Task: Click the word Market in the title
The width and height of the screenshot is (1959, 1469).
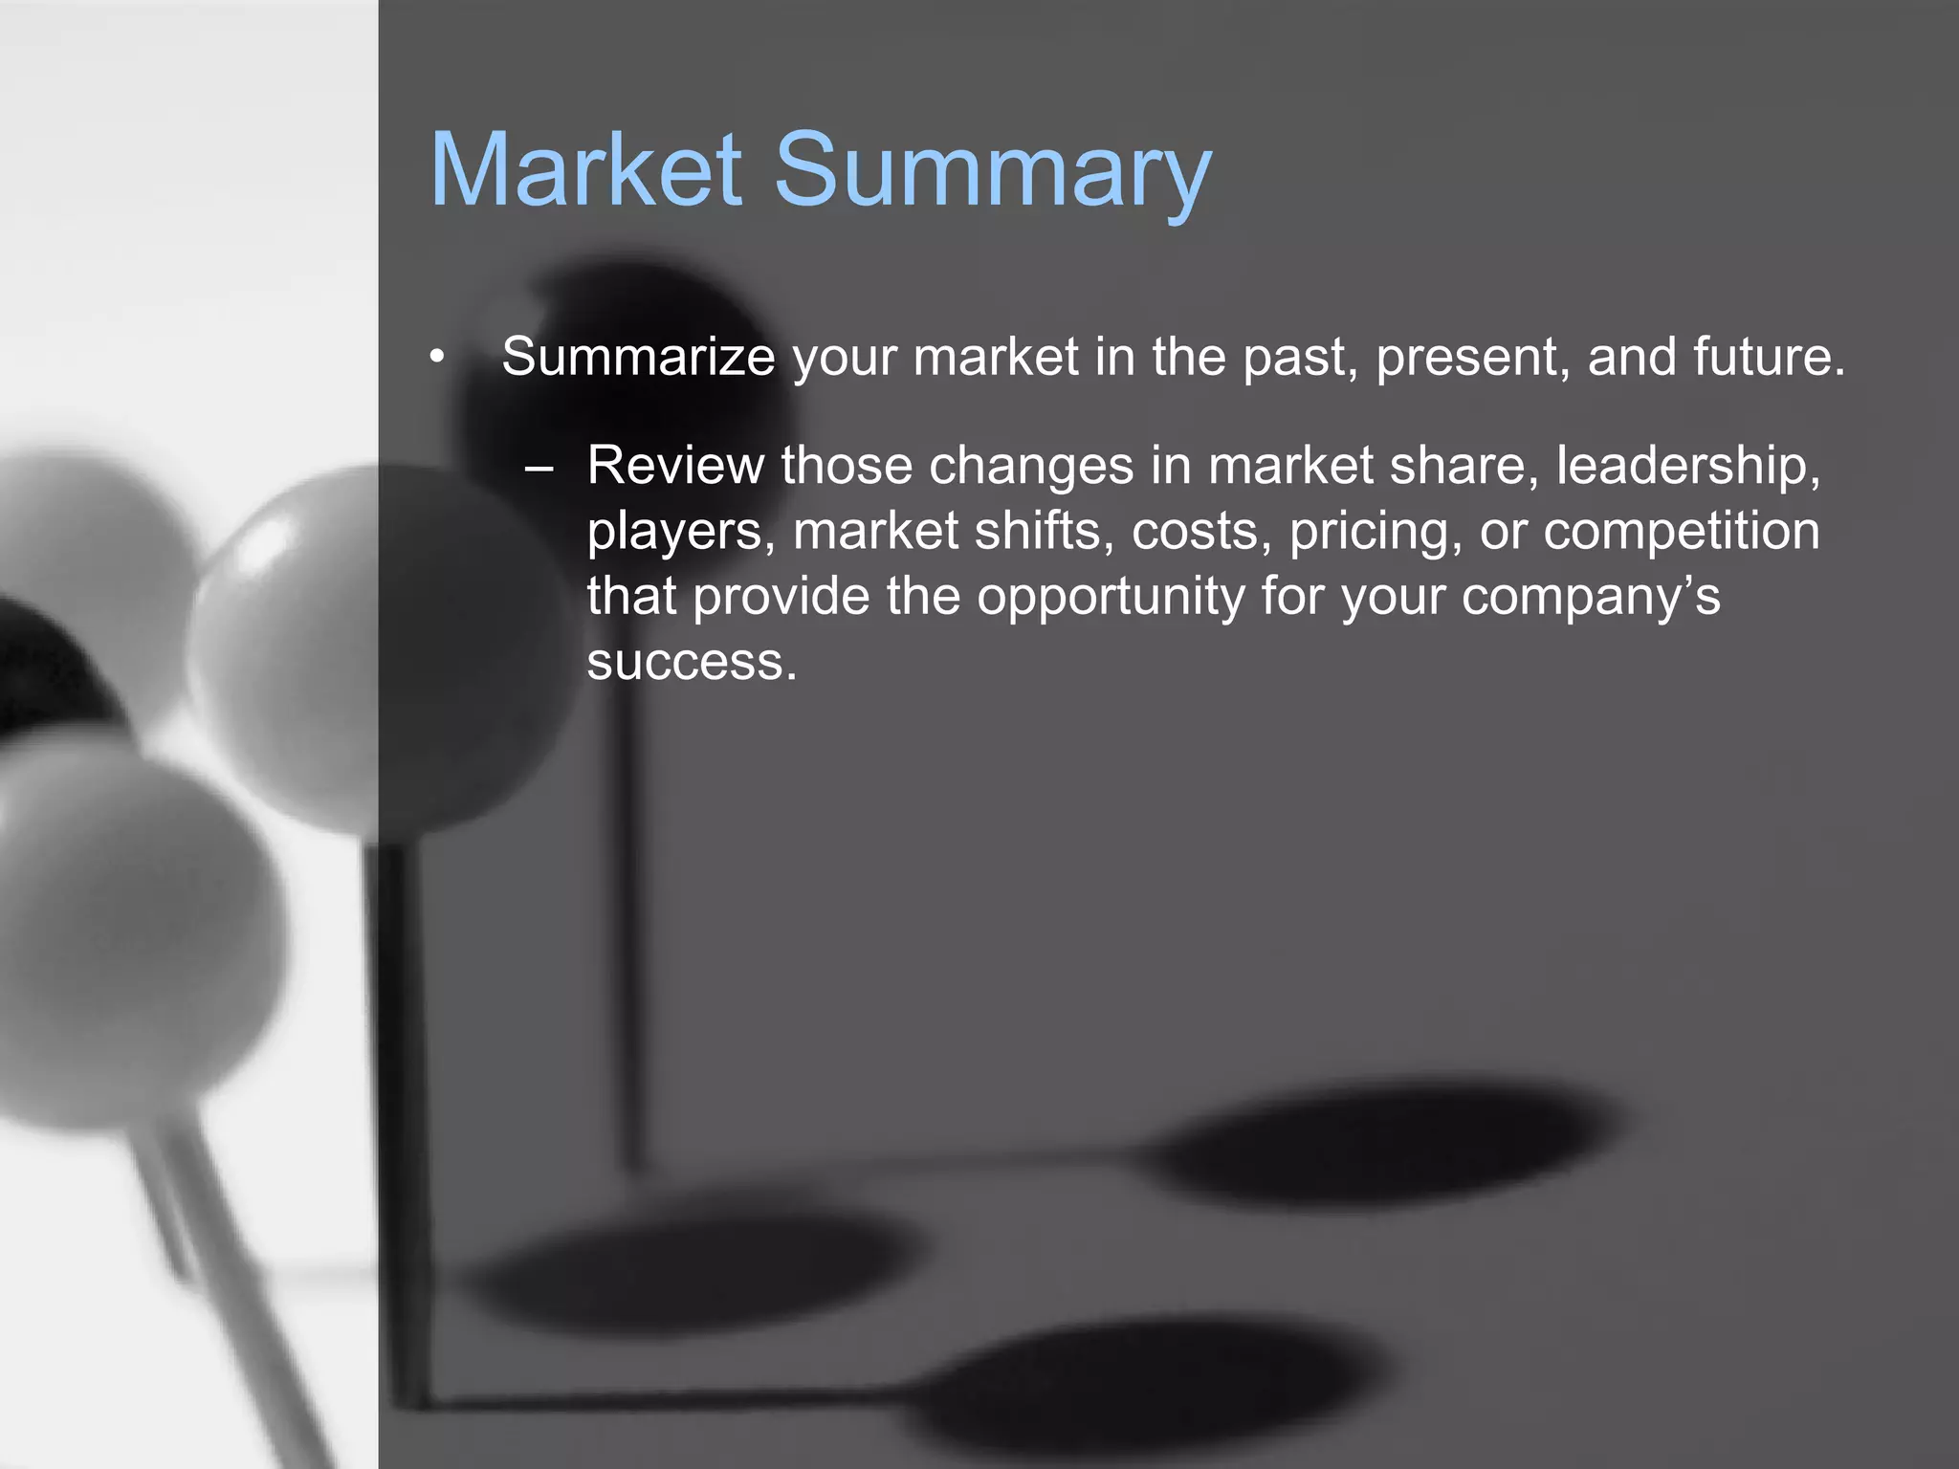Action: (585, 170)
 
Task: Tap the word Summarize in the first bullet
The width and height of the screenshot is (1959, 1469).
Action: (638, 357)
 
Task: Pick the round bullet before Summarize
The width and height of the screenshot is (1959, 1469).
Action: (437, 358)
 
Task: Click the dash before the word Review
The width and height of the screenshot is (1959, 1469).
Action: (539, 468)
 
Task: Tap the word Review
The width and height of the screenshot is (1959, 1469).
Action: (675, 466)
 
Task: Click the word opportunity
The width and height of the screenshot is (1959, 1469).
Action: (1111, 598)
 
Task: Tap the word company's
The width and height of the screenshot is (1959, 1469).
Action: (1591, 598)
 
